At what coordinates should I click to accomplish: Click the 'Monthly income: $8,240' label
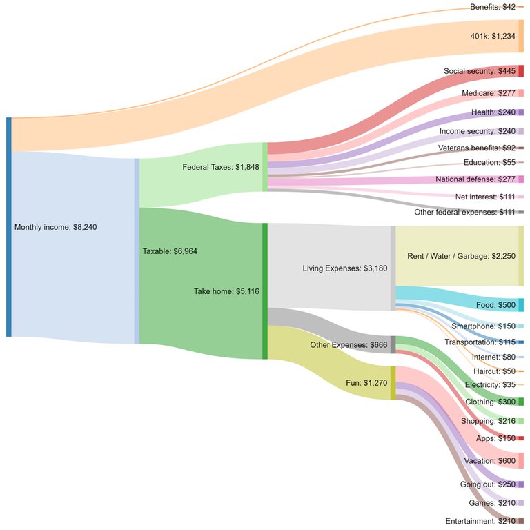pos(57,227)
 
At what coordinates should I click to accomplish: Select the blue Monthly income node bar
pos(9,227)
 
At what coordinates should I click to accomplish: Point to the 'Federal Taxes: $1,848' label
pos(220,167)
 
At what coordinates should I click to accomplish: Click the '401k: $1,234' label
pos(493,37)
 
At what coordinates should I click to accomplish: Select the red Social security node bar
pos(521,71)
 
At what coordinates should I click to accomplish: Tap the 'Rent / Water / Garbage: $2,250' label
pos(461,256)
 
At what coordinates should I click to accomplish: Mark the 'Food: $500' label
pos(495,305)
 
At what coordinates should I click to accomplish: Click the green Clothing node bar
pos(521,402)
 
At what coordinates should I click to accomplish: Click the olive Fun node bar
pos(393,382)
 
